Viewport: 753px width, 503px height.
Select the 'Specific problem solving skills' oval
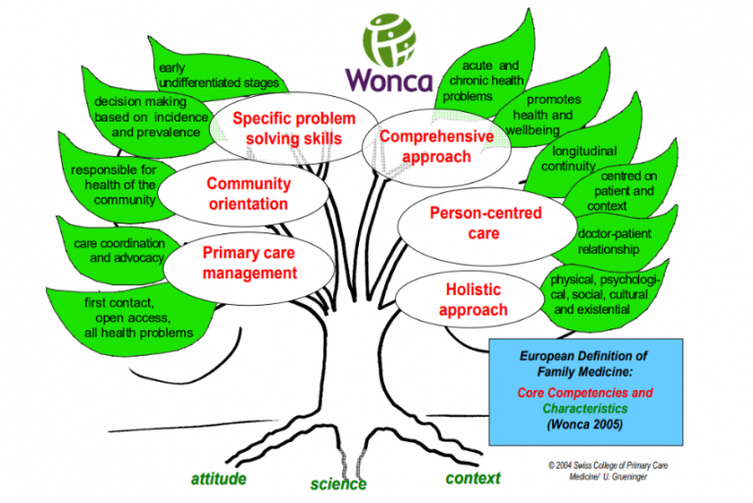click(x=286, y=127)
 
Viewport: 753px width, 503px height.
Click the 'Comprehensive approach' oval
click(x=423, y=146)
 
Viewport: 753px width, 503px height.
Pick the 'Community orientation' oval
click(x=247, y=193)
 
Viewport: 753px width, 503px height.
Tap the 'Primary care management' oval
click(x=248, y=262)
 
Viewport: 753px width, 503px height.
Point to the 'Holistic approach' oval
click(x=473, y=300)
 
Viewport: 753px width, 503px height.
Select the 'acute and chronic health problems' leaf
click(x=481, y=80)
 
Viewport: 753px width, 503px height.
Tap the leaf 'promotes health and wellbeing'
click(x=553, y=115)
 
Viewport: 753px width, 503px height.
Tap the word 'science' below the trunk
click(x=338, y=483)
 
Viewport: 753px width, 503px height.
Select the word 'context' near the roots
click(x=473, y=478)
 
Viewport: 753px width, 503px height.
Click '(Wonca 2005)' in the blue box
click(x=584, y=425)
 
